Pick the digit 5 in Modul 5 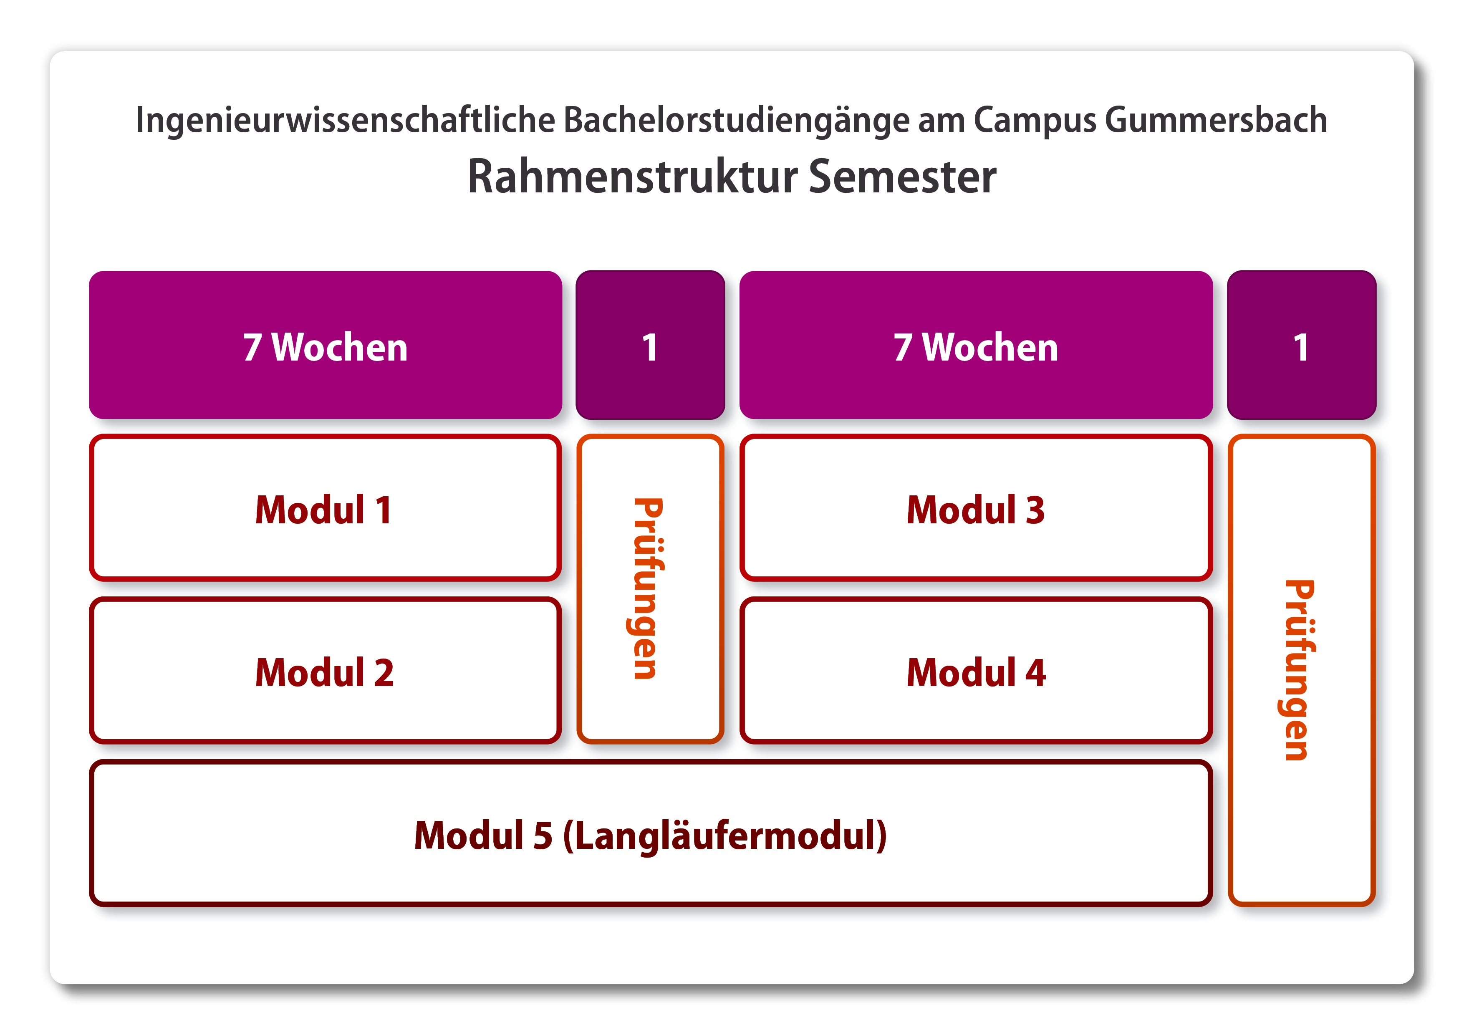(x=543, y=836)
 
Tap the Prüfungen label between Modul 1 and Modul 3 (x=649, y=588)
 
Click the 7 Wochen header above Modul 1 (x=325, y=348)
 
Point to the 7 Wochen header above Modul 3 (x=976, y=348)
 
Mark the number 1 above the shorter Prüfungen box (x=650, y=348)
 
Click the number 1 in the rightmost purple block (x=1301, y=348)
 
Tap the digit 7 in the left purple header (x=252, y=348)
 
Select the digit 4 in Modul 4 (x=1035, y=672)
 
